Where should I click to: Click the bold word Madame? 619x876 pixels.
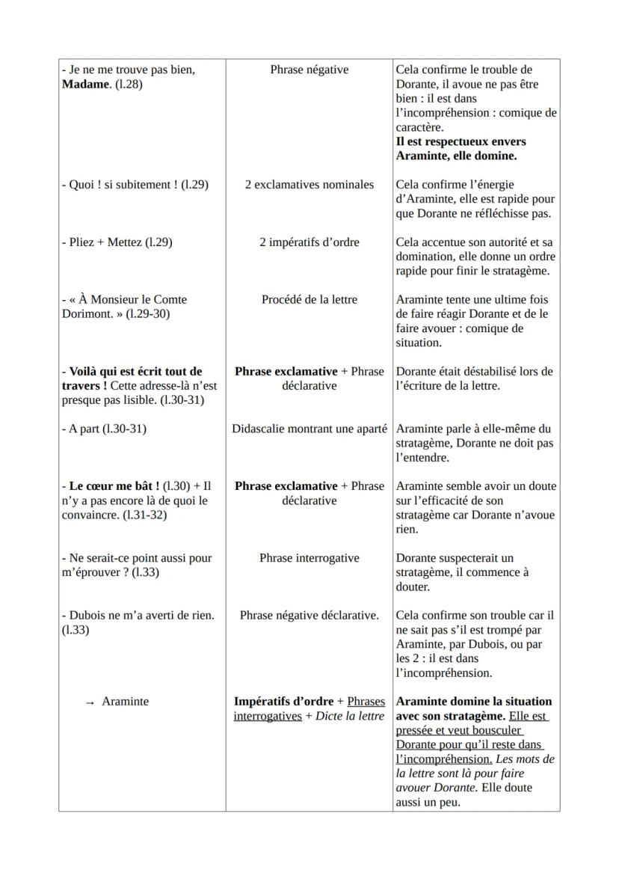click(87, 84)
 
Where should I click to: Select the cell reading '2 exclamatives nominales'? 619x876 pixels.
click(309, 184)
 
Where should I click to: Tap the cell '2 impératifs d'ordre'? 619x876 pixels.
click(309, 242)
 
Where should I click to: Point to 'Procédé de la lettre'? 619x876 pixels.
click(309, 299)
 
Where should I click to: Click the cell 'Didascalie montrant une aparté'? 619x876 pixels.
click(309, 429)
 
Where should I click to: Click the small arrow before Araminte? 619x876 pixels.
click(90, 702)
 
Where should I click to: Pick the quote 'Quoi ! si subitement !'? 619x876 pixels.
click(119, 184)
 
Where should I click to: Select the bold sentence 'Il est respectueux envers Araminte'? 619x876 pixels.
click(461, 148)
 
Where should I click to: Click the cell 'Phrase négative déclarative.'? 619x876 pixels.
click(309, 615)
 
